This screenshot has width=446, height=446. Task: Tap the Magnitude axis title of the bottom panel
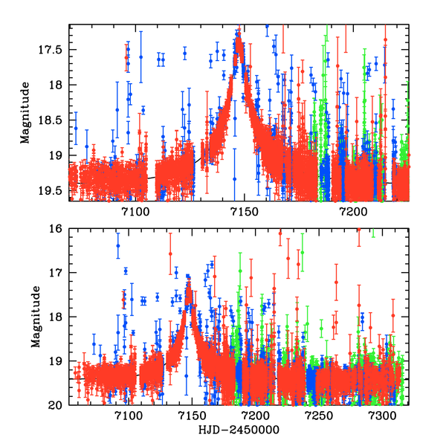34,317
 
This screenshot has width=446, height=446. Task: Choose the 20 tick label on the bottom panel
56,404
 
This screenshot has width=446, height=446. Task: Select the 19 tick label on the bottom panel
56,361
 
